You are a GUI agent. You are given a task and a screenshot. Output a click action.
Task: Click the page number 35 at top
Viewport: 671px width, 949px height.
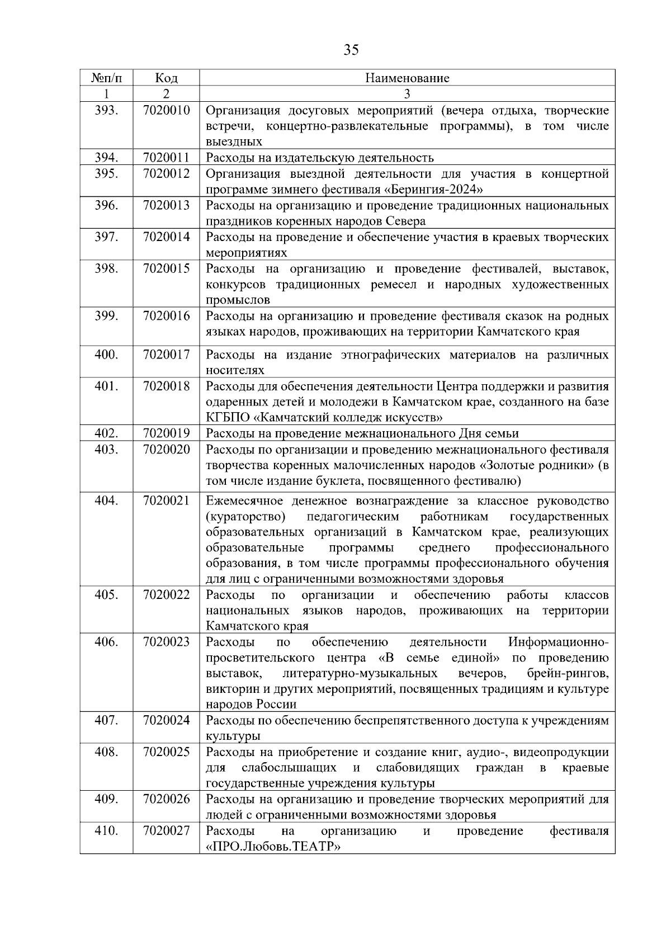pyautogui.click(x=351, y=50)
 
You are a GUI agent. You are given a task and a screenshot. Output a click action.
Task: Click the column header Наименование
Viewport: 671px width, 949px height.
pyautogui.click(x=407, y=78)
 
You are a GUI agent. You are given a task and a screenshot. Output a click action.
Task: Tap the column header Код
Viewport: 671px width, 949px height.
pyautogui.click(x=166, y=78)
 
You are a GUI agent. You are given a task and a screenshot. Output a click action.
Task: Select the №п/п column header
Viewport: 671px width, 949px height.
pyautogui.click(x=106, y=78)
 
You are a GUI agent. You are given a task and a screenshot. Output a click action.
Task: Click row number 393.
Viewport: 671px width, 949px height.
pyautogui.click(x=106, y=110)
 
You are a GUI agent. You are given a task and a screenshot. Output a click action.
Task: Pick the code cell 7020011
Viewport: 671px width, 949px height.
pyautogui.click(x=166, y=158)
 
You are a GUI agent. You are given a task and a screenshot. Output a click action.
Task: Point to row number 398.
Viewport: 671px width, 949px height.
pyautogui.click(x=106, y=268)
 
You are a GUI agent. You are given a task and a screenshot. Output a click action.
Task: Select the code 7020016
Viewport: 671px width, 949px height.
pyautogui.click(x=166, y=316)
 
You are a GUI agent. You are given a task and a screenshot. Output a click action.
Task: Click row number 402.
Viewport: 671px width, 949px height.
pyautogui.click(x=106, y=433)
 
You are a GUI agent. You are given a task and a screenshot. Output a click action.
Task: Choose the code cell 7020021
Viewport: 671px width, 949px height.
pyautogui.click(x=166, y=501)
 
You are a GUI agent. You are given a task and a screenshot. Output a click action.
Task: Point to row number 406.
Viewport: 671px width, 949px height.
pyautogui.click(x=106, y=642)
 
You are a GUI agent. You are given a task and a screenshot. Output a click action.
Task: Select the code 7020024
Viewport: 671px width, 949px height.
pyautogui.click(x=166, y=720)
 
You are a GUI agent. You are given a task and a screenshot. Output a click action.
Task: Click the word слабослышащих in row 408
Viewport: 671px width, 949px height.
pyautogui.click(x=289, y=768)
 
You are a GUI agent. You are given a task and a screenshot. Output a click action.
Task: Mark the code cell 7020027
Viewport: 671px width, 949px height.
pyautogui.click(x=166, y=831)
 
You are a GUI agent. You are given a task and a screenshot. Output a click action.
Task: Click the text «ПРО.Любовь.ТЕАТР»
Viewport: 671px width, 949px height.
pyautogui.click(x=273, y=847)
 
